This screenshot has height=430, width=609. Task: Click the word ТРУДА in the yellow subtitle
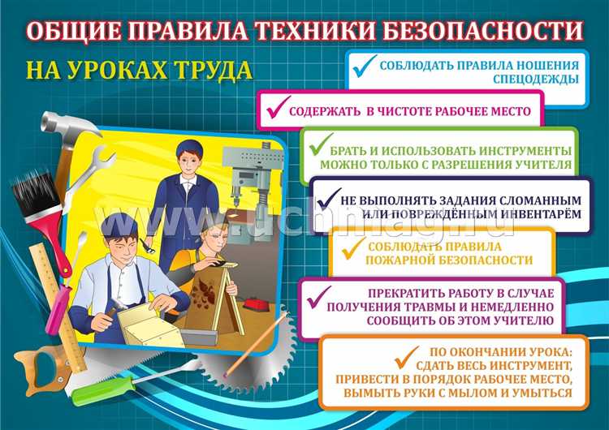coord(209,70)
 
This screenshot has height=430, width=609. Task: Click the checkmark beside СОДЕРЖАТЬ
coord(276,109)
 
